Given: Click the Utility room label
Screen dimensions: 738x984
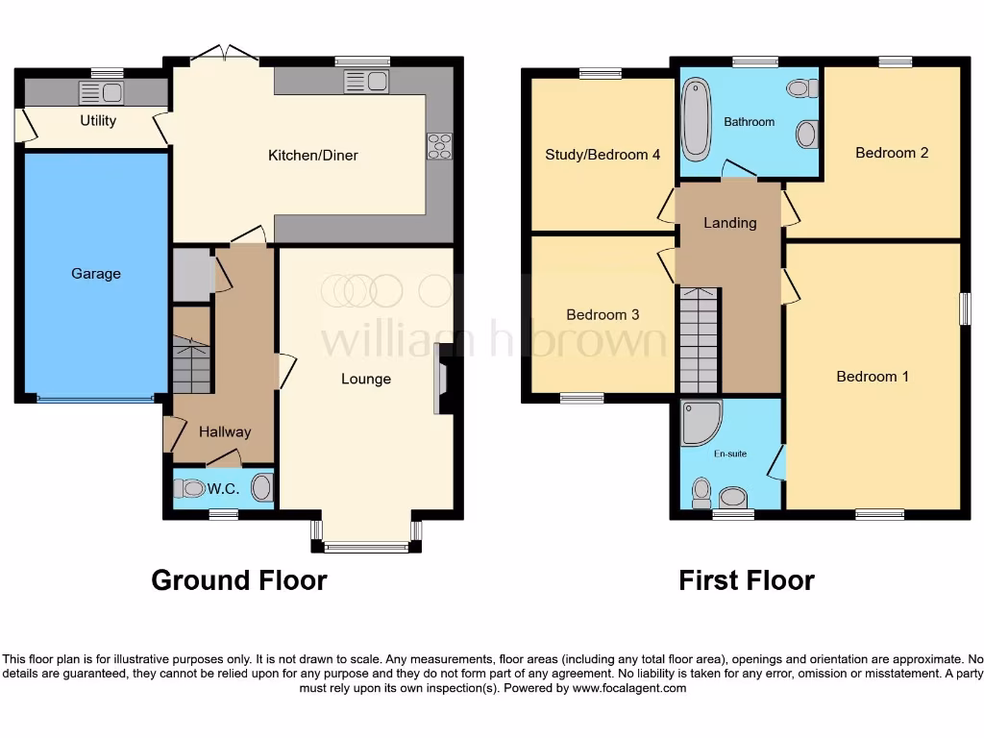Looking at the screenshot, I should pyautogui.click(x=98, y=120).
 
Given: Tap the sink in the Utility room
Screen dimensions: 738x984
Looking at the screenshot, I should pyautogui.click(x=101, y=92).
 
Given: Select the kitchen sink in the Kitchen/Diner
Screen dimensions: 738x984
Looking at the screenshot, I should pyautogui.click(x=364, y=82).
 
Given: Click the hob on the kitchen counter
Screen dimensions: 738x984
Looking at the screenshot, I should pyautogui.click(x=439, y=145).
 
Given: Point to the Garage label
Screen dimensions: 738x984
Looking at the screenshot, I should pyautogui.click(x=96, y=274).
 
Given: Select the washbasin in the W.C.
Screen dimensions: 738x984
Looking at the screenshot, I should pyautogui.click(x=261, y=488).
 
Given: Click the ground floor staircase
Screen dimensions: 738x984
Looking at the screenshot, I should pyautogui.click(x=192, y=365).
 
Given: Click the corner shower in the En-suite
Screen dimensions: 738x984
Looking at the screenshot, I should pyautogui.click(x=700, y=424).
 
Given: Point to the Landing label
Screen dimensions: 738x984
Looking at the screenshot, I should pyautogui.click(x=730, y=223).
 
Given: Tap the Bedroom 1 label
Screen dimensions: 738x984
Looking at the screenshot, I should pyautogui.click(x=873, y=377).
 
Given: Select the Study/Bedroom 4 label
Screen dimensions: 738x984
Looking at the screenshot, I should pyautogui.click(x=603, y=154).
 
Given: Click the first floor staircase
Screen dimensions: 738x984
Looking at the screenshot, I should pyautogui.click(x=699, y=340).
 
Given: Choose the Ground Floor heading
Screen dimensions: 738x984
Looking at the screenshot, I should pyautogui.click(x=239, y=580).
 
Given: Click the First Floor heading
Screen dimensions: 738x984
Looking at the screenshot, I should pyautogui.click(x=747, y=580).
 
